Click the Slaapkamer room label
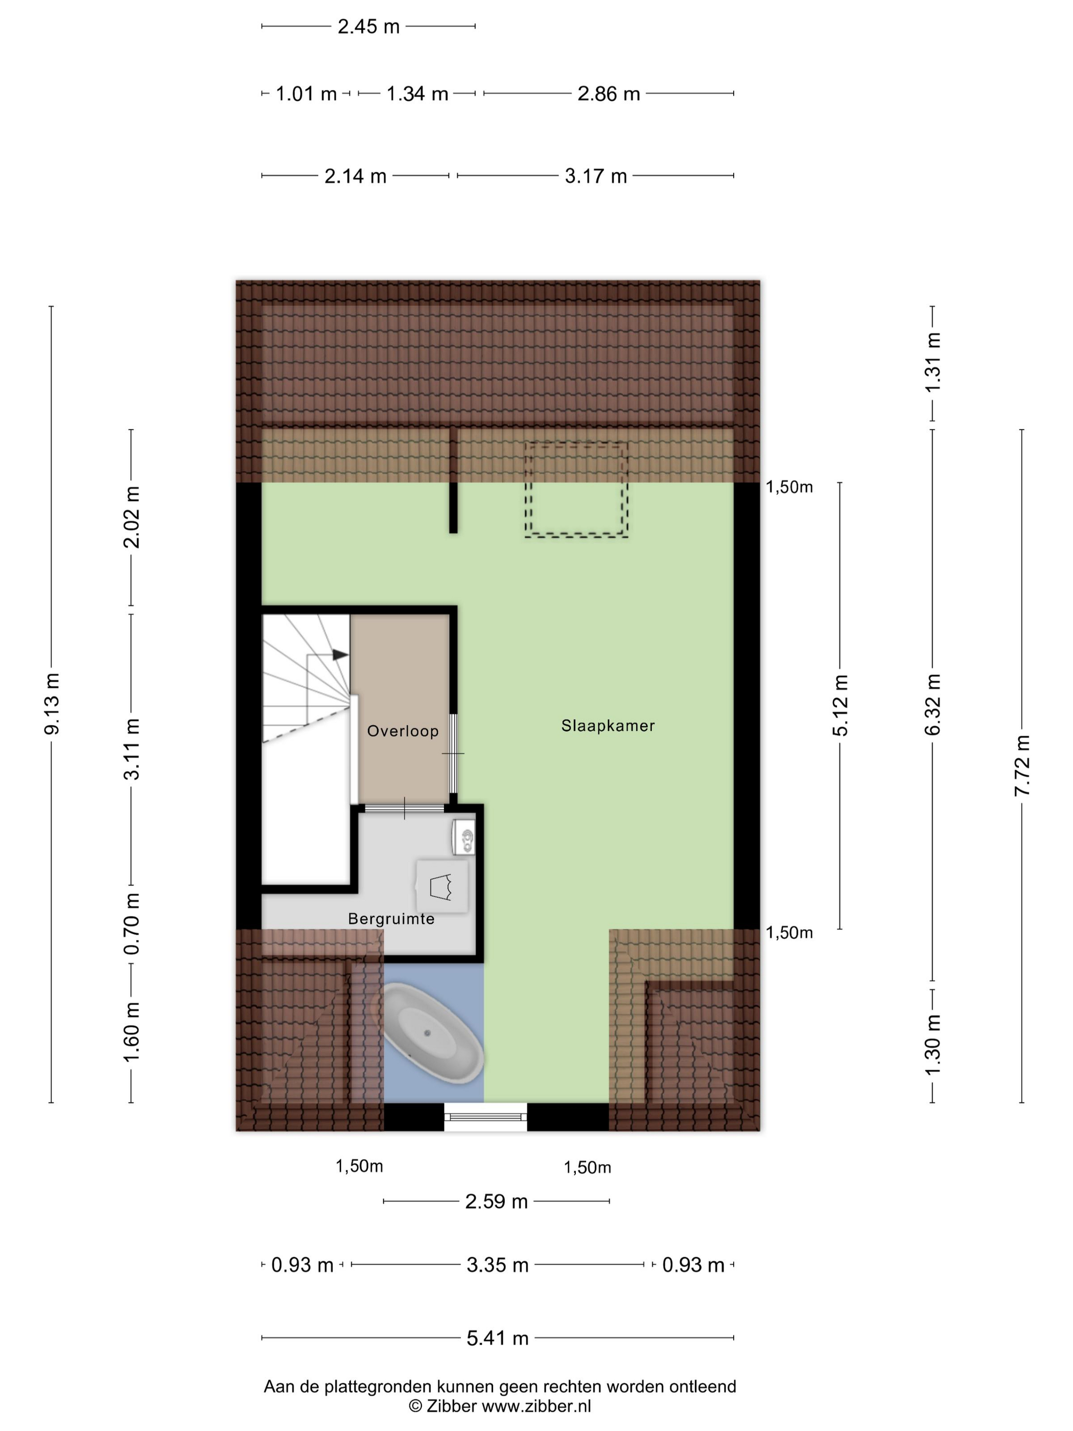pyautogui.click(x=608, y=726)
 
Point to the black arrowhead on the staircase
pyautogui.click(x=340, y=655)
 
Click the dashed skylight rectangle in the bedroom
pyautogui.click(x=576, y=489)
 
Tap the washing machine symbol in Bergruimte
pyautogui.click(x=442, y=886)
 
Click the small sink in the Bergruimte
pyautogui.click(x=464, y=837)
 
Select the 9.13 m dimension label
pyautogui.click(x=52, y=703)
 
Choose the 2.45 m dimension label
pyautogui.click(x=369, y=27)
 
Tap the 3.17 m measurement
pyautogui.click(x=596, y=176)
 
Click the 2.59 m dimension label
pyautogui.click(x=497, y=1202)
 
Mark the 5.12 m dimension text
pyautogui.click(x=840, y=705)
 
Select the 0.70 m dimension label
pyautogui.click(x=131, y=923)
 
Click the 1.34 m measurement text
pyautogui.click(x=417, y=94)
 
